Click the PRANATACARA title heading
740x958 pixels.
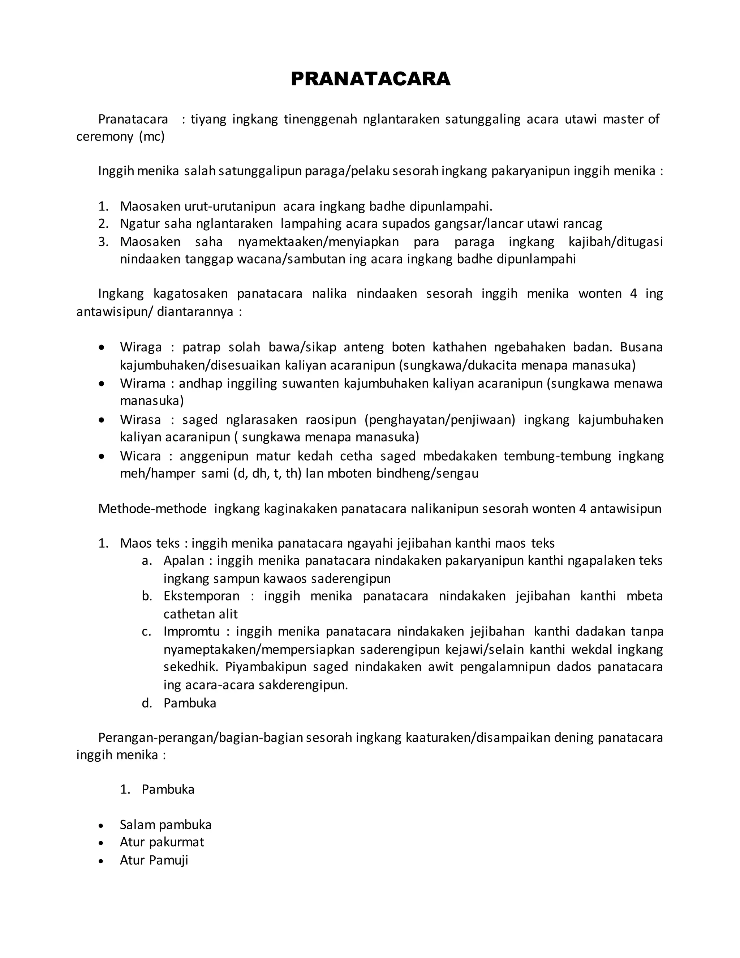coord(370,79)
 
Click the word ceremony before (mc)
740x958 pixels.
coord(105,137)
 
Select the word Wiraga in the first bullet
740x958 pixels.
coord(141,347)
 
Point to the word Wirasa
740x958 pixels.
coord(140,420)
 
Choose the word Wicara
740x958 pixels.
coord(140,456)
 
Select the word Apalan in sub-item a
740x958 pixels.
coord(184,561)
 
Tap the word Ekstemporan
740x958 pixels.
coord(201,596)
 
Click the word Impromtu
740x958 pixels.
coord(192,632)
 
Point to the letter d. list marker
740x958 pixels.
coord(146,703)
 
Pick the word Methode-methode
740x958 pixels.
coord(152,509)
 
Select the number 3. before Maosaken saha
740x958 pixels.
coord(103,242)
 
